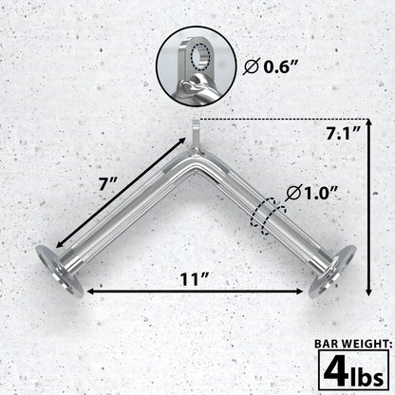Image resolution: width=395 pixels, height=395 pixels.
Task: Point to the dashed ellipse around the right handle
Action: point(269,211)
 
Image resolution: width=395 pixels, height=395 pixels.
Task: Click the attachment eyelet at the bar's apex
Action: point(197,127)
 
